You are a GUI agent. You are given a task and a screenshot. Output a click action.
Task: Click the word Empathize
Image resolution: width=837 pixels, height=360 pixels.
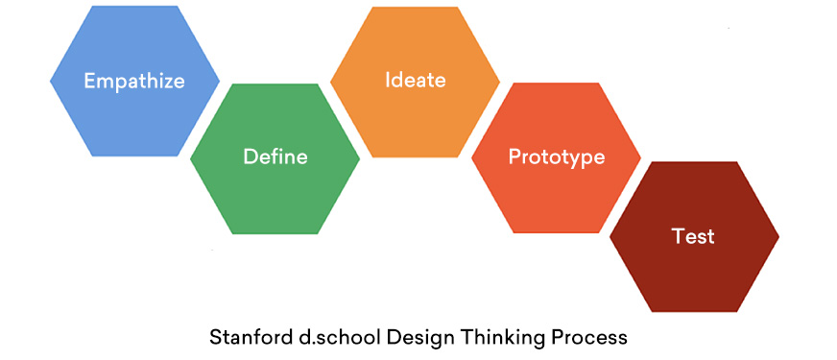134,81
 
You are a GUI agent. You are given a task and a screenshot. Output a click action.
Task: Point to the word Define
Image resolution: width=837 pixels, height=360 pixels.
275,156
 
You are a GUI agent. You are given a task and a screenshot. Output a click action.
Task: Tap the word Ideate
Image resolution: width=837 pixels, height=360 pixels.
416,79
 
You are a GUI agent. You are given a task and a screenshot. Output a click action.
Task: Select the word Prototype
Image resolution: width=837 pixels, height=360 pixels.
557,156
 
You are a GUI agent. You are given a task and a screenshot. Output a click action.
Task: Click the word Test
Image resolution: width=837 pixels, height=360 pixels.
694,235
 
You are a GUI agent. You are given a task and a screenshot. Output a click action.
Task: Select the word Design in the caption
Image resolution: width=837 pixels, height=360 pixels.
403,338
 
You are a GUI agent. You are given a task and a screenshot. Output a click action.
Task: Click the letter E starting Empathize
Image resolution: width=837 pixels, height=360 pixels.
89,81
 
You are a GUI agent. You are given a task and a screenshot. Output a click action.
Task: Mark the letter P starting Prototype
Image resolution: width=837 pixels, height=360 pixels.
514,156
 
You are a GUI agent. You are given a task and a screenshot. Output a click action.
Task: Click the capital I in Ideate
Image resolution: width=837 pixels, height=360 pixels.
388,79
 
